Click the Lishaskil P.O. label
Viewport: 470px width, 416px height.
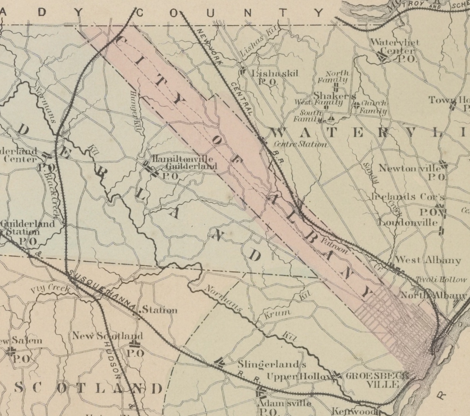coord(275,73)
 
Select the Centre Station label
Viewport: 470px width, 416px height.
coord(300,145)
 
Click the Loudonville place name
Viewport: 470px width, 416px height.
coord(408,222)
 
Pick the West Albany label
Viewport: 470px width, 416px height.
coord(428,260)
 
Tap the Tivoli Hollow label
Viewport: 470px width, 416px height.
coord(441,280)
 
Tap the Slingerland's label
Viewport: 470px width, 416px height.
coord(272,364)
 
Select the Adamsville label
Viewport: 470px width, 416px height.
coord(284,403)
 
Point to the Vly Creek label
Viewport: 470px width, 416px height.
coord(50,289)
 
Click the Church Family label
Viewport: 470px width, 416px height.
coord(373,108)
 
